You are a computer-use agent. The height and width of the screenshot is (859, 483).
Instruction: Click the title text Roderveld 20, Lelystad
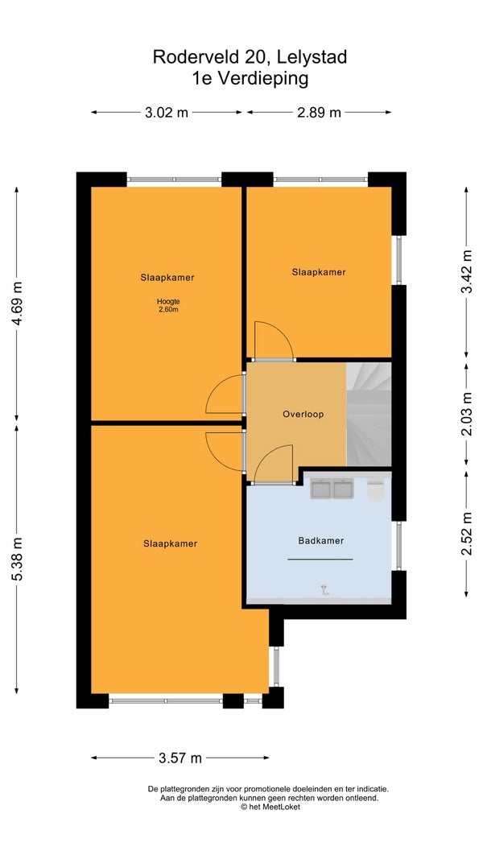click(x=250, y=57)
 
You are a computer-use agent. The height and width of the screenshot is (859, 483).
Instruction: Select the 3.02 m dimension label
click(x=167, y=112)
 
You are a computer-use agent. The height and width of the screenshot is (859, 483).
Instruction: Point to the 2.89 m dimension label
click(x=319, y=112)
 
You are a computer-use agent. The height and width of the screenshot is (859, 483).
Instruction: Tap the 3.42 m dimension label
click(x=467, y=272)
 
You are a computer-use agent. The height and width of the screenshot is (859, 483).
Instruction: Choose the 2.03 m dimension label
click(x=467, y=414)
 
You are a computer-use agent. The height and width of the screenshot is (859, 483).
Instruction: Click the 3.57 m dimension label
click(x=180, y=758)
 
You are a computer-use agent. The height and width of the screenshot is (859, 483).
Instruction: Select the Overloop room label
click(x=303, y=414)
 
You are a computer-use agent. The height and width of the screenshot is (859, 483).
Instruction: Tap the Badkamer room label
click(x=321, y=541)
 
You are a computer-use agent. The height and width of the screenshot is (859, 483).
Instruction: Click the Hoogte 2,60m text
click(x=168, y=305)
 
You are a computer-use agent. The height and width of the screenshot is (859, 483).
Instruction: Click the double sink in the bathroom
click(x=332, y=488)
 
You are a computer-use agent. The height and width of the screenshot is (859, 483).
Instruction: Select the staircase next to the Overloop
click(x=369, y=414)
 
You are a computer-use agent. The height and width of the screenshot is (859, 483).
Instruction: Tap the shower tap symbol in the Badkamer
click(x=325, y=589)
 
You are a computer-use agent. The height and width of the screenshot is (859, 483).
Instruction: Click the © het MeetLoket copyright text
click(x=270, y=807)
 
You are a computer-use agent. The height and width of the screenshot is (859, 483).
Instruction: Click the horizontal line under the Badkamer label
click(x=320, y=560)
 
